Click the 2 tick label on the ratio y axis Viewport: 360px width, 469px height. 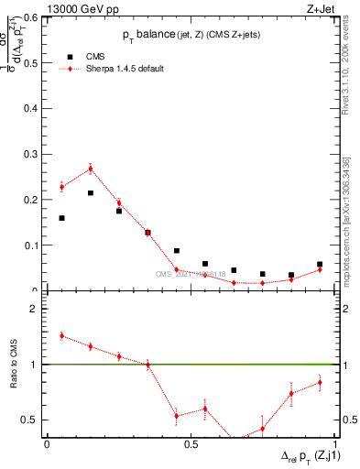click(x=37, y=309)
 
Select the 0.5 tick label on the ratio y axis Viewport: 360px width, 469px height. click(x=32, y=420)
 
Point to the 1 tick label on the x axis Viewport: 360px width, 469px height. click(x=336, y=444)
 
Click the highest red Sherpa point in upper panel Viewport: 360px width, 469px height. click(x=91, y=169)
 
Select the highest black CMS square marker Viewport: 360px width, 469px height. click(x=91, y=193)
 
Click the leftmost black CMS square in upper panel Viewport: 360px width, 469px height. click(x=61, y=218)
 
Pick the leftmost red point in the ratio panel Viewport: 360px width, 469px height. click(x=61, y=336)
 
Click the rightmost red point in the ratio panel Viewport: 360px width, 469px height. click(x=320, y=382)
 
